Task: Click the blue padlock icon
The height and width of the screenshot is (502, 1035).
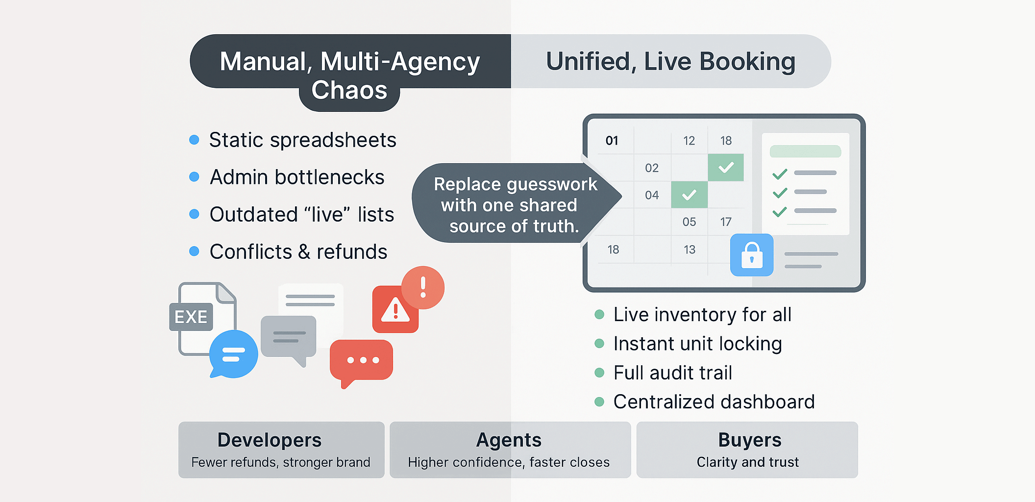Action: (752, 255)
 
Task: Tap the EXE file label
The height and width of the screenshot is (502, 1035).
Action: (191, 317)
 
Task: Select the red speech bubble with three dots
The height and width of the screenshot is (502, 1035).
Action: (362, 361)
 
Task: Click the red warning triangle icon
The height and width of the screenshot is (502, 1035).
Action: (395, 310)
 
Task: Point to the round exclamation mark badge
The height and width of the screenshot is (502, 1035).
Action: (423, 287)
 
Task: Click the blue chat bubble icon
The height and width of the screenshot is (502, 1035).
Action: (234, 354)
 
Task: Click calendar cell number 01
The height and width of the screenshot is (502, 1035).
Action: (612, 141)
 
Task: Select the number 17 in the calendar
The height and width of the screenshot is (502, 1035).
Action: (726, 222)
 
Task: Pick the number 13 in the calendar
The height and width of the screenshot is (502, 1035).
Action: (689, 250)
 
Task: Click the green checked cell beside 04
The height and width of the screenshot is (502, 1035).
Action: (689, 195)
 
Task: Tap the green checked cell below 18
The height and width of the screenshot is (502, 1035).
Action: (726, 168)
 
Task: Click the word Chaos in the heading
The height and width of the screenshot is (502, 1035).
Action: (349, 91)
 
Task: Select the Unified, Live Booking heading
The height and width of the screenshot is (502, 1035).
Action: (670, 62)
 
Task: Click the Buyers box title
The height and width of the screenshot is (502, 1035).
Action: (749, 440)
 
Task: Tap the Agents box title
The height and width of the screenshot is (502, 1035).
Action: (509, 440)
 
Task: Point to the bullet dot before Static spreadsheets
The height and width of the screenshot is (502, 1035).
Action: (194, 140)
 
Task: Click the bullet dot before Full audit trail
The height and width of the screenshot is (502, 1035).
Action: (599, 373)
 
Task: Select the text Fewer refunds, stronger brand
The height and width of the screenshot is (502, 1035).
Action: (280, 462)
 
